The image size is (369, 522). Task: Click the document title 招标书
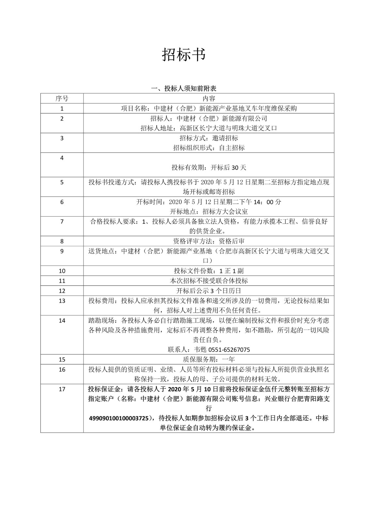pyautogui.click(x=184, y=54)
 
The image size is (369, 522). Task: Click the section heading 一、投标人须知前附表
pyautogui.click(x=184, y=88)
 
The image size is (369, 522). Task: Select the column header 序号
pyautogui.click(x=62, y=99)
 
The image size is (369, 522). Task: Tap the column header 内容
pyautogui.click(x=209, y=99)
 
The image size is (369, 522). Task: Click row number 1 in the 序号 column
pyautogui.click(x=62, y=109)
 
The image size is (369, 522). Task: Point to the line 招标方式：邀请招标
pyautogui.click(x=209, y=138)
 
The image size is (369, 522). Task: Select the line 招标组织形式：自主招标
pyautogui.click(x=209, y=148)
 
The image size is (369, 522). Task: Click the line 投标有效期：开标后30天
pyautogui.click(x=209, y=168)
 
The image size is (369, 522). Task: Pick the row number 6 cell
pyautogui.click(x=62, y=202)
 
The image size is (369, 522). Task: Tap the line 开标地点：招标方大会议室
pyautogui.click(x=209, y=211)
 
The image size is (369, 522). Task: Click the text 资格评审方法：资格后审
pyautogui.click(x=209, y=241)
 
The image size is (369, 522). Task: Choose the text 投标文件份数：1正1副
pyautogui.click(x=209, y=271)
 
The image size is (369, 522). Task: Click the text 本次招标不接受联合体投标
pyautogui.click(x=209, y=281)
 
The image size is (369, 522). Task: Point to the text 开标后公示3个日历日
pyautogui.click(x=209, y=291)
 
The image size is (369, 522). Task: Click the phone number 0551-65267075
pyautogui.click(x=229, y=350)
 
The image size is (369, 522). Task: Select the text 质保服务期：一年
pyautogui.click(x=209, y=360)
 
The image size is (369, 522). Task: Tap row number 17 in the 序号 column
pyautogui.click(x=62, y=389)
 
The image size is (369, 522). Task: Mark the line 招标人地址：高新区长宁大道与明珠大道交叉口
pyautogui.click(x=209, y=128)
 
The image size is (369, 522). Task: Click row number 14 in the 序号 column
pyautogui.click(x=62, y=321)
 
